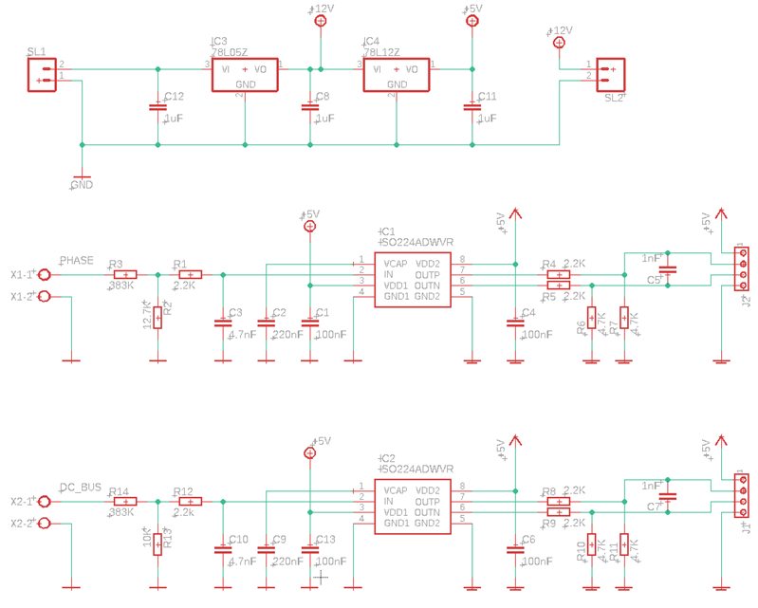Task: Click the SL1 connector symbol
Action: point(41,74)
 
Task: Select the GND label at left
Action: point(82,185)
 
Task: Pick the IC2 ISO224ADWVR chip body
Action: point(411,507)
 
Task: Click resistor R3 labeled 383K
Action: point(124,275)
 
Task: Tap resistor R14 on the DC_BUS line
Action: point(124,502)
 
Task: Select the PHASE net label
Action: point(77,260)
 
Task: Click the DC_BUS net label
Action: point(81,487)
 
